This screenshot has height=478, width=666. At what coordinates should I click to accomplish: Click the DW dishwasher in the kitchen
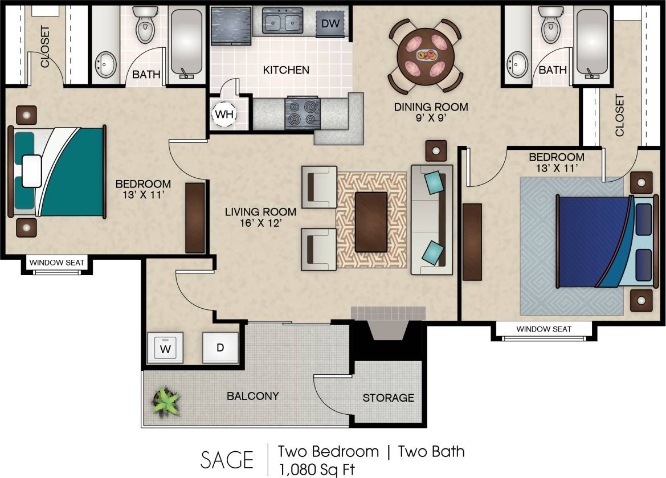pos(330,24)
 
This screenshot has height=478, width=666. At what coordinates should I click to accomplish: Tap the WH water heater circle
pos(224,114)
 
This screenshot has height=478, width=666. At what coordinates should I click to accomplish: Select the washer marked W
pos(165,348)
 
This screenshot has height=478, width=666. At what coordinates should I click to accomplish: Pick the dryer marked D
pos(220,348)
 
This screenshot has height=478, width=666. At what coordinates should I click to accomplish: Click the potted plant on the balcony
pos(165,401)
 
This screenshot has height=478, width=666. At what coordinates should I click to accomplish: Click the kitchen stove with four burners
pos(302,112)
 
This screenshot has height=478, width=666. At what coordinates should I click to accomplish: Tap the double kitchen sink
pos(282,23)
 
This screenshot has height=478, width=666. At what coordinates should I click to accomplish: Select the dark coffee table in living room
pos(371,222)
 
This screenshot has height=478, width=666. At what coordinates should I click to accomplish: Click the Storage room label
pos(389,398)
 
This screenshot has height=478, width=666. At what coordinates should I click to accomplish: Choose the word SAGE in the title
pos(227,459)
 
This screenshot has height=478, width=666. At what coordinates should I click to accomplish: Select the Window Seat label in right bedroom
pos(544,329)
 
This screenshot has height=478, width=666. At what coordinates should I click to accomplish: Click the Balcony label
pos(252,396)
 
